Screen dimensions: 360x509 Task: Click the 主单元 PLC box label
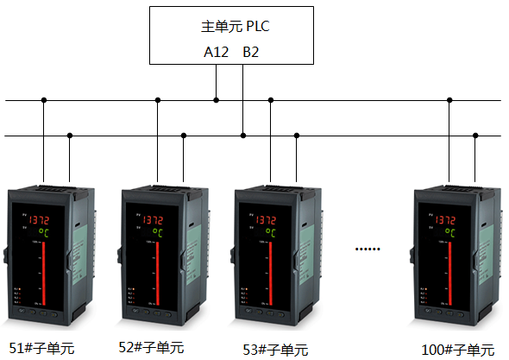click(235, 26)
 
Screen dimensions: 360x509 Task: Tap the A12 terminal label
click(216, 52)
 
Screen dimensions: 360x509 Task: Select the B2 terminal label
click(251, 52)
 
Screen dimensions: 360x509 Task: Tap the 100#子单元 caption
click(458, 350)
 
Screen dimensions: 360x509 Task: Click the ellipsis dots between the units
click(368, 249)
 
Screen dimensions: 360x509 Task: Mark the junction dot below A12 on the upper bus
click(216, 100)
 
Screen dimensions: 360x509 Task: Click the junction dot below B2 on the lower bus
click(244, 135)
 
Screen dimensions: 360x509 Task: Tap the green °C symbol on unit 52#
click(157, 232)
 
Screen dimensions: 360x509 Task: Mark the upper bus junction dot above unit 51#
click(43, 100)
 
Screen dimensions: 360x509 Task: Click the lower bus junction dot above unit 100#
click(475, 135)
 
